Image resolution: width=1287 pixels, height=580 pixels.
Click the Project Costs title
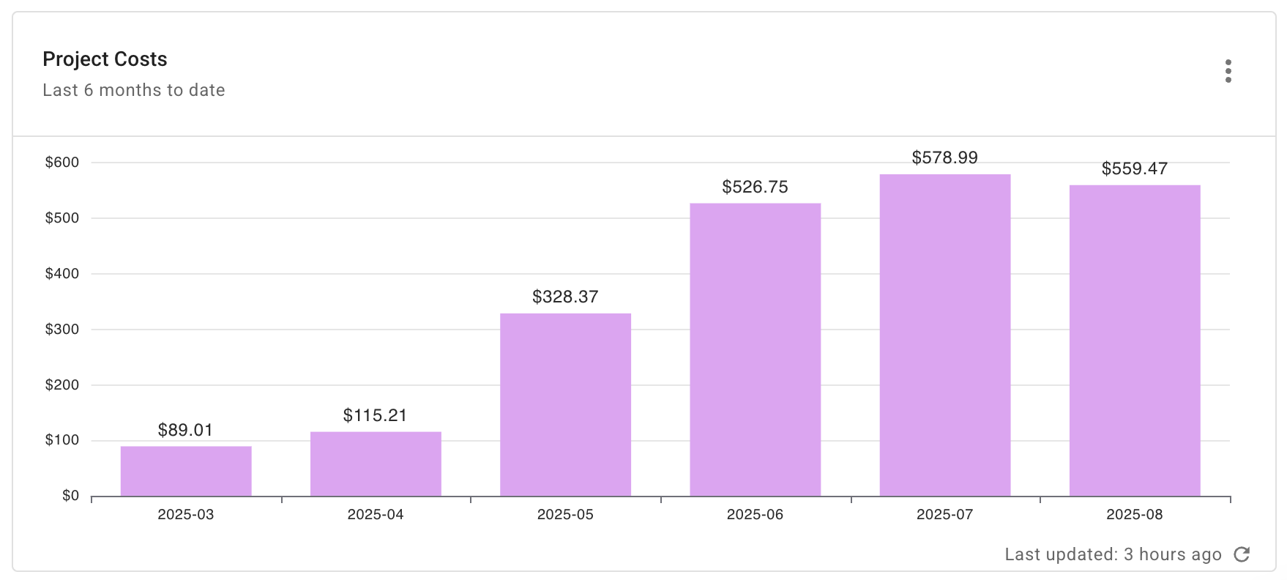pyautogui.click(x=105, y=59)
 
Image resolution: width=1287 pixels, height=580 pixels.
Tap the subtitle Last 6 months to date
pyautogui.click(x=134, y=90)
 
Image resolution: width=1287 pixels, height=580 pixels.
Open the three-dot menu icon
pyautogui.click(x=1228, y=71)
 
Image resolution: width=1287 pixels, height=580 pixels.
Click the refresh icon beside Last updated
pyautogui.click(x=1242, y=554)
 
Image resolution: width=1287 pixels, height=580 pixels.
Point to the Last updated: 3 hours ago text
pyautogui.click(x=1113, y=554)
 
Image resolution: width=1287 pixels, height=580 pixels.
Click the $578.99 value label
pyautogui.click(x=944, y=157)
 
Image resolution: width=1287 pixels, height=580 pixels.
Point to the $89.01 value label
pyautogui.click(x=185, y=430)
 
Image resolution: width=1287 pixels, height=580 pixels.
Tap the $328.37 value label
pyautogui.click(x=565, y=297)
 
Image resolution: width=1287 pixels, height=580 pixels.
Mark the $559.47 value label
pyautogui.click(x=1134, y=168)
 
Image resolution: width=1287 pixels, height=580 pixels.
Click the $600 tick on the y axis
pyautogui.click(x=62, y=163)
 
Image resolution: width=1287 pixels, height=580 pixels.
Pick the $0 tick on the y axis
pyautogui.click(x=70, y=496)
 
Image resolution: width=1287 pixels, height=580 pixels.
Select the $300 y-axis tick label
pyautogui.click(x=62, y=330)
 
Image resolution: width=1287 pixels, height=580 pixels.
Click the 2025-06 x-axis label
pyautogui.click(x=755, y=514)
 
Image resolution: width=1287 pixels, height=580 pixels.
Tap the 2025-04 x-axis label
pyautogui.click(x=376, y=514)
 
